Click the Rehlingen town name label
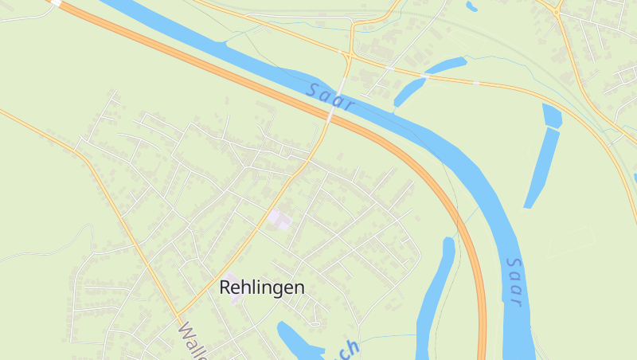point(261,288)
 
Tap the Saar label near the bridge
point(329,98)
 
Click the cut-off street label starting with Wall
point(193,340)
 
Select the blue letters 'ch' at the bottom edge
point(349,350)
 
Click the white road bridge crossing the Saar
point(337,96)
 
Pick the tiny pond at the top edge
point(471,6)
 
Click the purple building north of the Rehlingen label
point(279,217)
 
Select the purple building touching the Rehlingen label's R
point(233,290)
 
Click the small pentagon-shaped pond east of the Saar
point(552,115)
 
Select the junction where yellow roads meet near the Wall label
point(177,314)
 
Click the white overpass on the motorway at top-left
point(56,3)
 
